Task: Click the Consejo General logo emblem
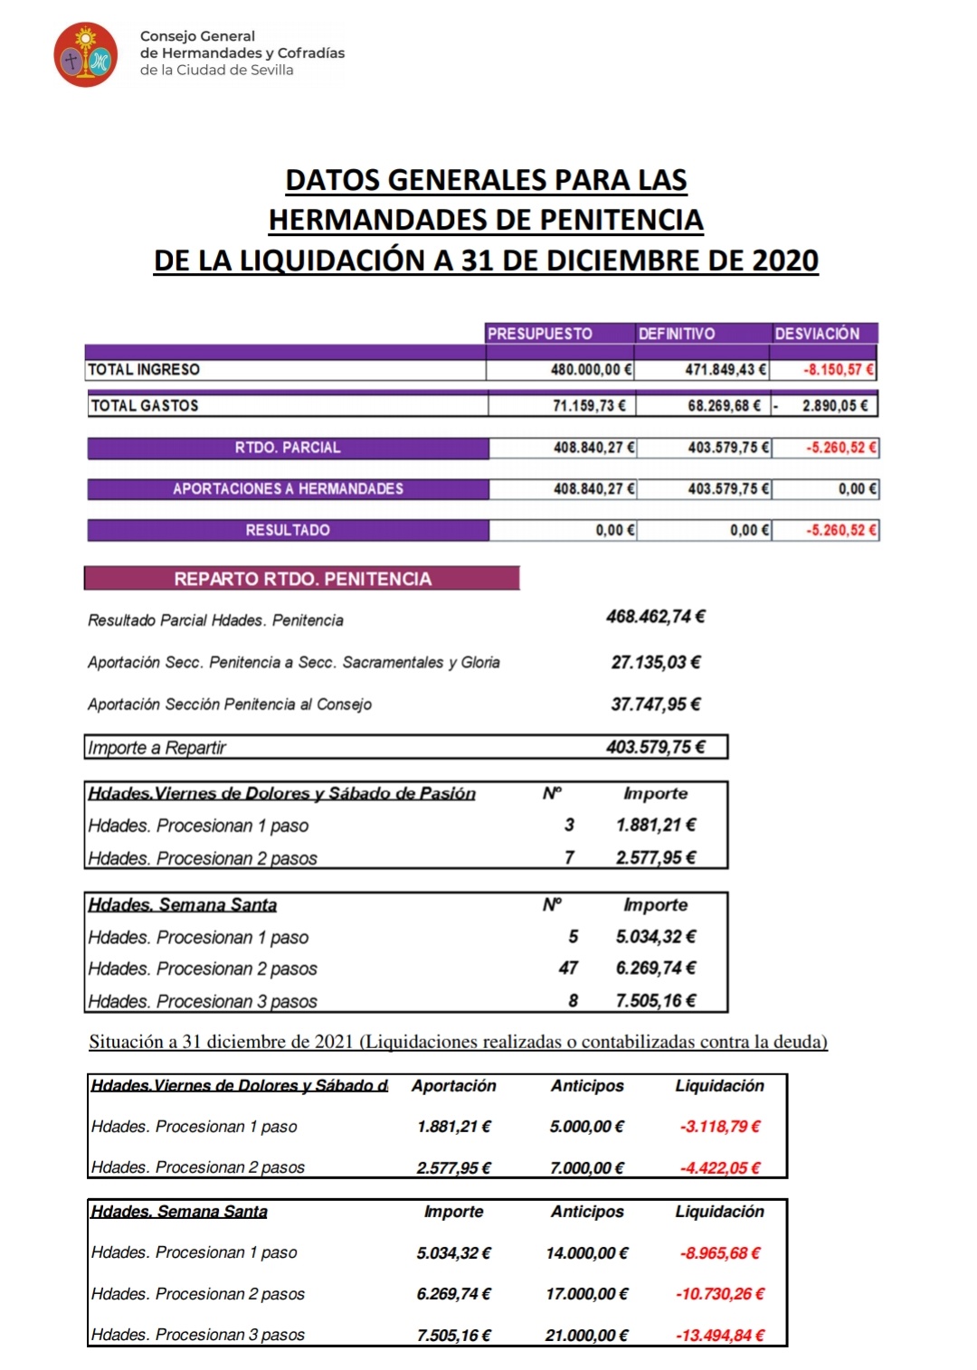pos(86,55)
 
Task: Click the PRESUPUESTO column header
pos(540,334)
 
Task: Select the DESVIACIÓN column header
pos(817,334)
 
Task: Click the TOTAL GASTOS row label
pos(145,405)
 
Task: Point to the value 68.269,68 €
pos(724,405)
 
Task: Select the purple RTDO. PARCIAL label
pos(288,448)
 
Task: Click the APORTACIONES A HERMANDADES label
pos(288,488)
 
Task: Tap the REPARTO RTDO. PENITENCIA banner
pos(302,579)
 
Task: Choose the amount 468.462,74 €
pos(656,617)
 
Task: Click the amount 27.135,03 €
pos(656,662)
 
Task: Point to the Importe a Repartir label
pos(157,748)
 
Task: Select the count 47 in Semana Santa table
pos(568,968)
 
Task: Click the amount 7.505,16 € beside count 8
pos(656,1000)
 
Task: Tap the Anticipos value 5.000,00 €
pos(586,1127)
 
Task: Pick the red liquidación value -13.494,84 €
pos(721,1335)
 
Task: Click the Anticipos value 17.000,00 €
pos(586,1294)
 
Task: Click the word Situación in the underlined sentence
pos(124,1042)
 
